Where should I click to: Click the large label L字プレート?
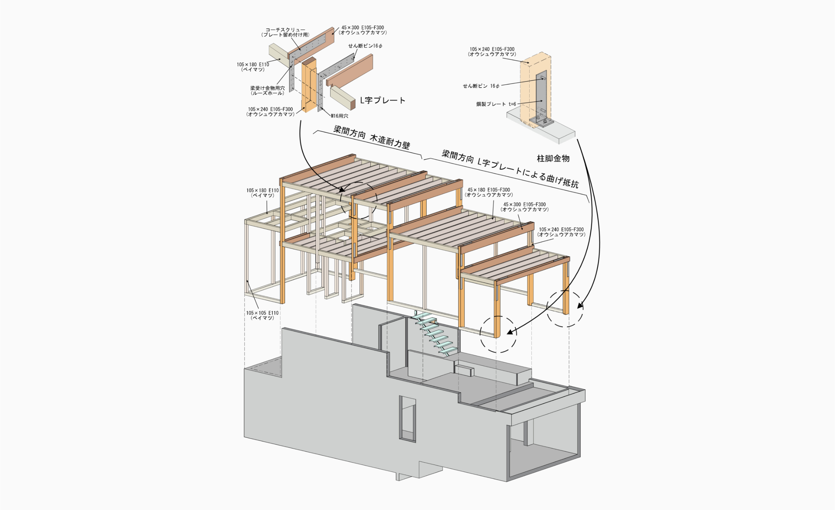pyautogui.click(x=383, y=100)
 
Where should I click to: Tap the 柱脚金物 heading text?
pyautogui.click(x=553, y=159)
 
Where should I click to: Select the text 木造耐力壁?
pyautogui.click(x=390, y=142)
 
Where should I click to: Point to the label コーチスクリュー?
pyautogui.click(x=285, y=30)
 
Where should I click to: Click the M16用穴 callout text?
pyautogui.click(x=340, y=116)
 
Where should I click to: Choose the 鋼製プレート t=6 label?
pyautogui.click(x=496, y=104)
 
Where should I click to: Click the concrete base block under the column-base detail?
pyautogui.click(x=541, y=126)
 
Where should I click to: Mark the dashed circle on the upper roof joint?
pyautogui.click(x=359, y=200)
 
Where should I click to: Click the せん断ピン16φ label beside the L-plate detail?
pyautogui.click(x=365, y=46)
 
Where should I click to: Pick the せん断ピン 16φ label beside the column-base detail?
pyautogui.click(x=481, y=86)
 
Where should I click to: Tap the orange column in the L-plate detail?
pyautogui.click(x=309, y=85)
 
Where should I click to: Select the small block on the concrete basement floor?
pyautogui.click(x=464, y=370)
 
